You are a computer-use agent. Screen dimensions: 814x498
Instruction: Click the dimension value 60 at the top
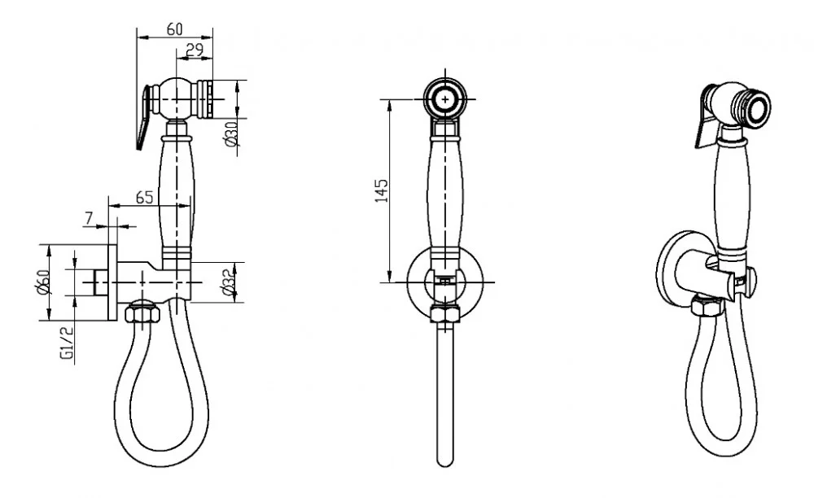click(174, 29)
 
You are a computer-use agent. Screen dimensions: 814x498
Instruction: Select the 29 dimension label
click(194, 50)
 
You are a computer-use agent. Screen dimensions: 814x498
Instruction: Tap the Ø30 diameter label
click(232, 133)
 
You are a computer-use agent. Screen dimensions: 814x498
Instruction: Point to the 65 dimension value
click(144, 198)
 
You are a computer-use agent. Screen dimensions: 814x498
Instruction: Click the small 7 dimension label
click(89, 218)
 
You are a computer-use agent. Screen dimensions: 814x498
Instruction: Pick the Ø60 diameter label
click(44, 282)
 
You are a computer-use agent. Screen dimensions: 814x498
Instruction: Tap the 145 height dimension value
click(382, 190)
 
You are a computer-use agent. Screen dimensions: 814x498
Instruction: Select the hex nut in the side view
click(141, 314)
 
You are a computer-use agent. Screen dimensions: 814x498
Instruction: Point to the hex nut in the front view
click(445, 314)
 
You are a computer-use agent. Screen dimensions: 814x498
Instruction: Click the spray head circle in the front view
click(445, 98)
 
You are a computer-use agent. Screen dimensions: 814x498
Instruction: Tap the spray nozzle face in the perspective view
click(757, 110)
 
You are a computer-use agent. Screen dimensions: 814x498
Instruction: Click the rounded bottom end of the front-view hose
click(445, 461)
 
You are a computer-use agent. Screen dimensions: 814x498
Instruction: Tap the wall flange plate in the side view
click(112, 282)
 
